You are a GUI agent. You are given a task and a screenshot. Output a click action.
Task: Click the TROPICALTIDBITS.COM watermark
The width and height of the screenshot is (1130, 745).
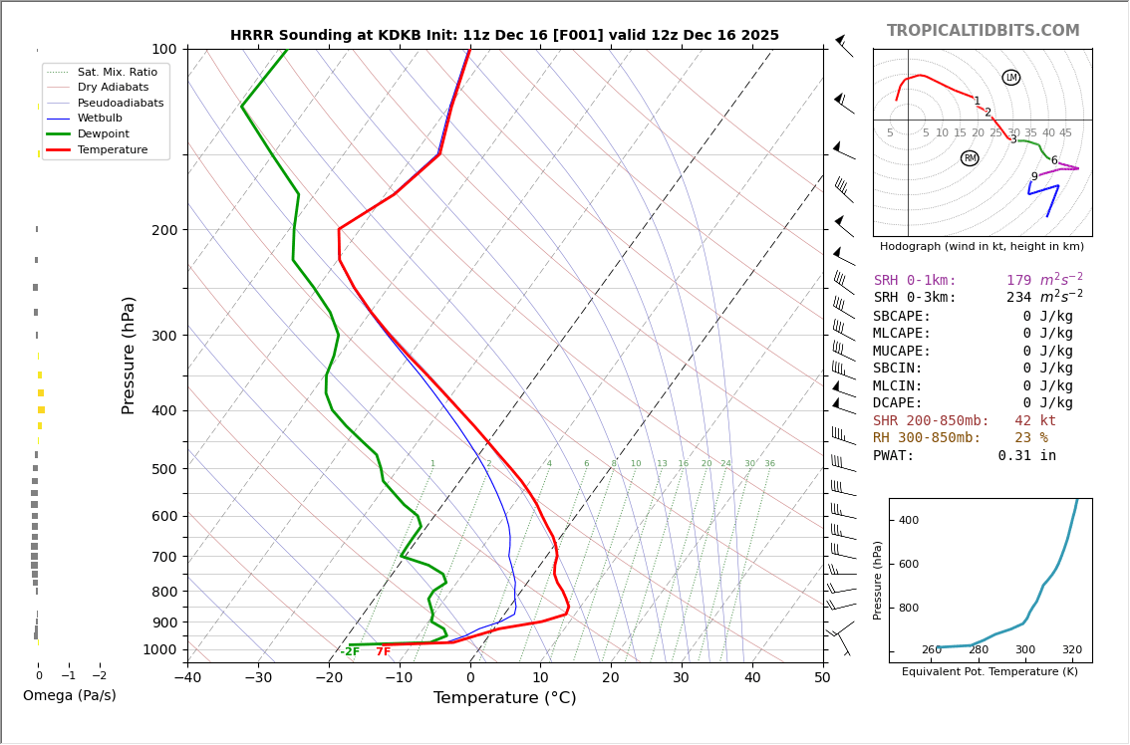tap(983, 31)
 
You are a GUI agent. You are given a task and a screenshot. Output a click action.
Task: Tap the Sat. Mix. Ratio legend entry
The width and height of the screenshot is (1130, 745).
tap(118, 72)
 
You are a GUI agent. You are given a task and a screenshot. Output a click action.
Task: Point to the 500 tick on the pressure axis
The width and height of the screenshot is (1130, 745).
tap(163, 469)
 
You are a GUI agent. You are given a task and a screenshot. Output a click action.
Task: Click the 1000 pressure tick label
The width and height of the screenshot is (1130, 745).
tap(159, 649)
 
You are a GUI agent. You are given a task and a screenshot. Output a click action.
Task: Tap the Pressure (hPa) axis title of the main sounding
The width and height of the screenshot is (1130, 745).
tap(129, 355)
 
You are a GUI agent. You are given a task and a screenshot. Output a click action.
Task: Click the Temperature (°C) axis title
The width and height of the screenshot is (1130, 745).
tap(504, 698)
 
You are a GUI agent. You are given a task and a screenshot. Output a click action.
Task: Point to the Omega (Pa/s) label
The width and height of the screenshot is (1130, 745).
tap(70, 695)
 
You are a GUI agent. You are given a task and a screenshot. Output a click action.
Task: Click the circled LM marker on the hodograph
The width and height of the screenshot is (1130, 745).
tap(1011, 78)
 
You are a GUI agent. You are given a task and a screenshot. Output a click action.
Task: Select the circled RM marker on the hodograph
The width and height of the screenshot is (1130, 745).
tap(970, 158)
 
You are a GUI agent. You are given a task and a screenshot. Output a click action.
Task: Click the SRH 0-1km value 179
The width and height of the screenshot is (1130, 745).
tap(1018, 281)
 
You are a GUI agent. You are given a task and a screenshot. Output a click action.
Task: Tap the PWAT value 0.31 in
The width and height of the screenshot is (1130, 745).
tap(1027, 456)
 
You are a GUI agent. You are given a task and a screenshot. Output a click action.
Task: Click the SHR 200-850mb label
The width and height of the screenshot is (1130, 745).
tap(931, 421)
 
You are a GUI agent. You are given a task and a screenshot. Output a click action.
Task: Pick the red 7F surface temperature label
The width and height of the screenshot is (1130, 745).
tap(384, 651)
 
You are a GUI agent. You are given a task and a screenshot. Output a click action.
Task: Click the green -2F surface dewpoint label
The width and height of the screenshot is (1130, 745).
tap(350, 651)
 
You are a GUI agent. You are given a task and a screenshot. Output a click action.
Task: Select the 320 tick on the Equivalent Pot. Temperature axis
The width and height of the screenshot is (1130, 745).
tap(1071, 650)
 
